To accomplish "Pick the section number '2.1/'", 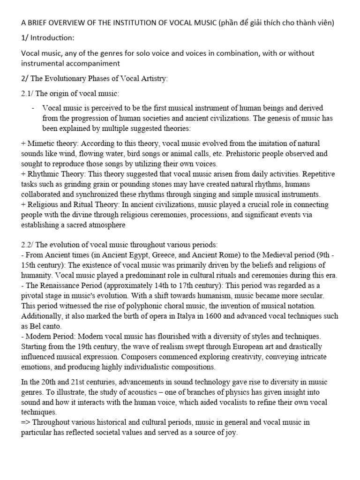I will coord(29,93).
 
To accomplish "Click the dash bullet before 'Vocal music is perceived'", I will coord(34,108).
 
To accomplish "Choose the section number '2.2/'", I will coord(29,245).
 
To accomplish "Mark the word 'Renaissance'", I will coord(61,286).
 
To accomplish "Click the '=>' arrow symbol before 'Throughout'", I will coord(26,422).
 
